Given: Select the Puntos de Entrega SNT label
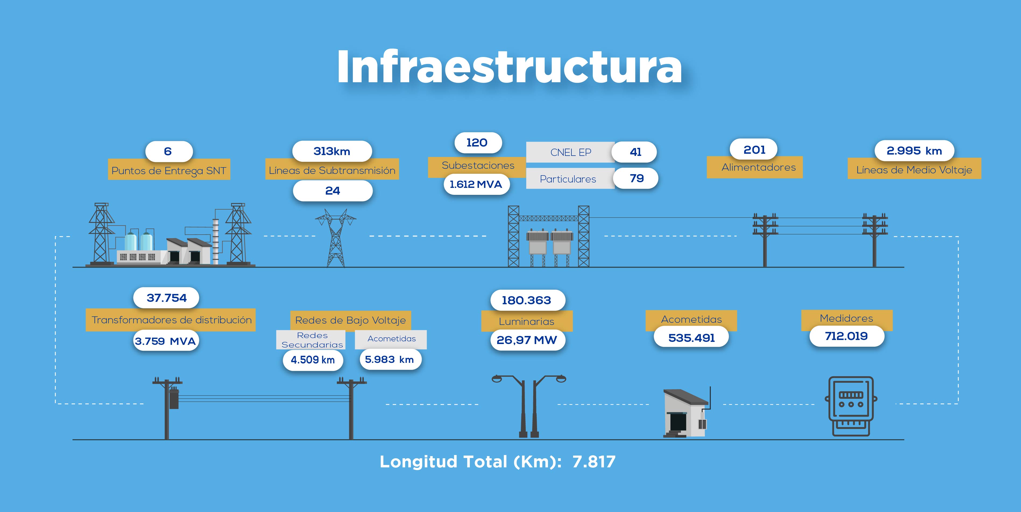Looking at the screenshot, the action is coord(169,171).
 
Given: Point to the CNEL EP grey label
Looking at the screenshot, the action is coord(570,152).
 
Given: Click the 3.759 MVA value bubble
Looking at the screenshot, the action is coord(166,341).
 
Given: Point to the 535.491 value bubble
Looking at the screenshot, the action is coord(691,338).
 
